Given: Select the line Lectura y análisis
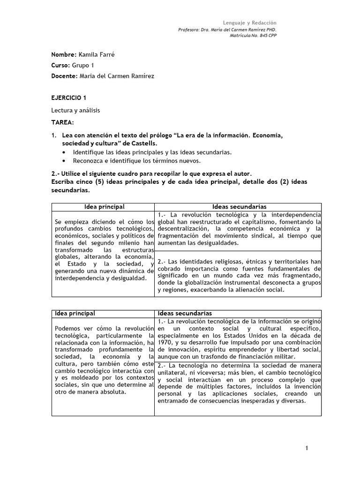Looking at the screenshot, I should (x=75, y=110).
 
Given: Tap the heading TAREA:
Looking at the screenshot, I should (x=62, y=122).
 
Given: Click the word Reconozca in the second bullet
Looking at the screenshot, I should (x=88, y=161).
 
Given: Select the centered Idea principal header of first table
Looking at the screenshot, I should (x=104, y=206).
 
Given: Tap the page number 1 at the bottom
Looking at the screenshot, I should (x=307, y=449).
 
